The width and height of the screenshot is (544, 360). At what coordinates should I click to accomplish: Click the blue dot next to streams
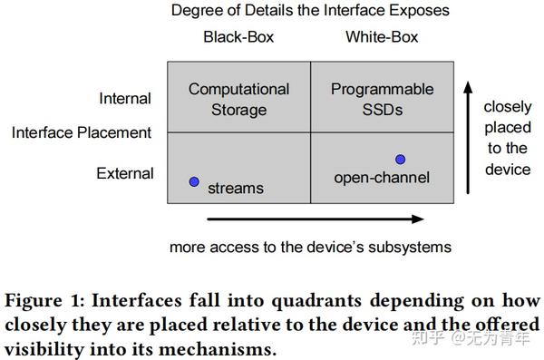coord(193,181)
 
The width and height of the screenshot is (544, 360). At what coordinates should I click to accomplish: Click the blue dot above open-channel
coord(400,160)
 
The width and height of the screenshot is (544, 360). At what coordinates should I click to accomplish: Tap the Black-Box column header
coord(238,37)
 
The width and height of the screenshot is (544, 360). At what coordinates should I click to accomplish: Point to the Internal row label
coord(126,98)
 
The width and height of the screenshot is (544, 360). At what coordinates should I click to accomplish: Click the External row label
coord(125,172)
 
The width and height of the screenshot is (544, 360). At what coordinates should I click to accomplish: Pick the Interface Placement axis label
coord(82,132)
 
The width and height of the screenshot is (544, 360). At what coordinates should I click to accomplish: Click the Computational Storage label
coord(238,99)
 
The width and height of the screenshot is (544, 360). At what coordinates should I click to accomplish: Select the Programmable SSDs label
coord(382,99)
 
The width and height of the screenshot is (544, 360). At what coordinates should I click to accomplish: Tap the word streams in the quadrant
coord(236,188)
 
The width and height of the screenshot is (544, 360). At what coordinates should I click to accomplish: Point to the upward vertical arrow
coord(468,136)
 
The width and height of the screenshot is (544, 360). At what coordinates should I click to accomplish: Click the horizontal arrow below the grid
coord(316,219)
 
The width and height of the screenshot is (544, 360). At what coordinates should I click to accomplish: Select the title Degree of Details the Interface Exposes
coord(311,11)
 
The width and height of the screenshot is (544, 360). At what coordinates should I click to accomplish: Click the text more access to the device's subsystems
coord(310,246)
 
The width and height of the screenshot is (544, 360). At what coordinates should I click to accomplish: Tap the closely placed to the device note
coord(507,137)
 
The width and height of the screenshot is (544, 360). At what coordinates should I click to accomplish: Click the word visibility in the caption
coord(45,348)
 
